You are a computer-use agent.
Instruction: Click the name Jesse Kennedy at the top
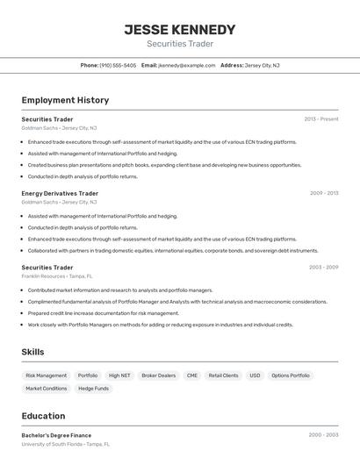pos(180,29)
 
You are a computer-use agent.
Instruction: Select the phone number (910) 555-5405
pos(118,65)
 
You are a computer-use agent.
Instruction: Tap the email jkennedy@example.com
pos(186,65)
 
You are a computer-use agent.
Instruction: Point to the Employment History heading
pos(65,100)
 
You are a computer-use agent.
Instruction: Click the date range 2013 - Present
pos(321,118)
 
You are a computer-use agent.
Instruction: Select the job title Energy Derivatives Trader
pos(60,193)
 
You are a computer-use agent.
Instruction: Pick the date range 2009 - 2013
pos(323,193)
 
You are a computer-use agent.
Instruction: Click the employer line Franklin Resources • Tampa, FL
pos(56,276)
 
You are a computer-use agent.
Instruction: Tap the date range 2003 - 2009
pos(323,268)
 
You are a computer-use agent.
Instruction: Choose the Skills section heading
pos(32,352)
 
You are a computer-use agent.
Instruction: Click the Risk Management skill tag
pos(46,376)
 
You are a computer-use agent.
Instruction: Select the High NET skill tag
pos(119,376)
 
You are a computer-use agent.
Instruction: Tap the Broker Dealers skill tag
pos(158,376)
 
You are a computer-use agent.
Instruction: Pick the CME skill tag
pos(192,376)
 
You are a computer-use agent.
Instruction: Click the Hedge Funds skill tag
pos(93,388)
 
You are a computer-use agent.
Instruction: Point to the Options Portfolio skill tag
pos(291,376)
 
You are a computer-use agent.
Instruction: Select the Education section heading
pos(43,416)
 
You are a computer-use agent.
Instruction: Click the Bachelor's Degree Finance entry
pos(56,435)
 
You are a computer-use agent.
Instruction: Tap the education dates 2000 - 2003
pos(323,435)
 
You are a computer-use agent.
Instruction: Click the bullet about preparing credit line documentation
pos(90,313)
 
